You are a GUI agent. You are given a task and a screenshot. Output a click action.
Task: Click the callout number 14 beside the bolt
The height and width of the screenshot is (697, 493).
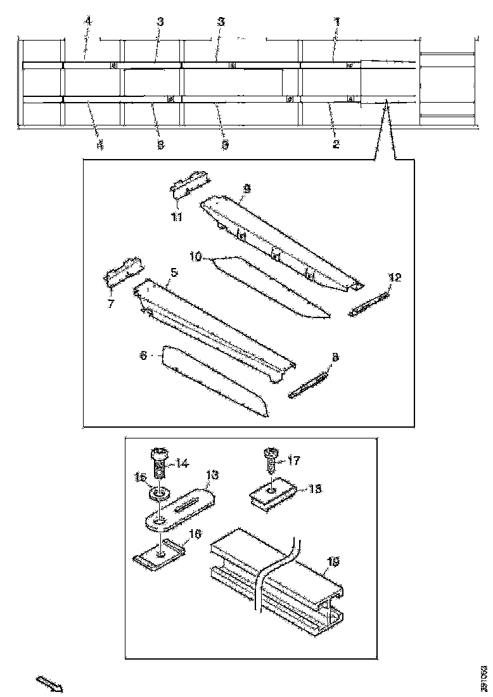182,463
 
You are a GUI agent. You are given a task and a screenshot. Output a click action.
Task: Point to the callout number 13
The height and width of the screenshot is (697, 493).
211,475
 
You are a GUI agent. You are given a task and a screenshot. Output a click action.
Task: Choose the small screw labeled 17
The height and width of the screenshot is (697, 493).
270,459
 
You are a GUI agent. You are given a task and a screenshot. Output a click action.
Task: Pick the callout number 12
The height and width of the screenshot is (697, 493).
395,278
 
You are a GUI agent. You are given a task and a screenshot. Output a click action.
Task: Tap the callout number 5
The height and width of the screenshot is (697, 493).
174,272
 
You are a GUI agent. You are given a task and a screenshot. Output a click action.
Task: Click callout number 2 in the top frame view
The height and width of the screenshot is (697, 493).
336,144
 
